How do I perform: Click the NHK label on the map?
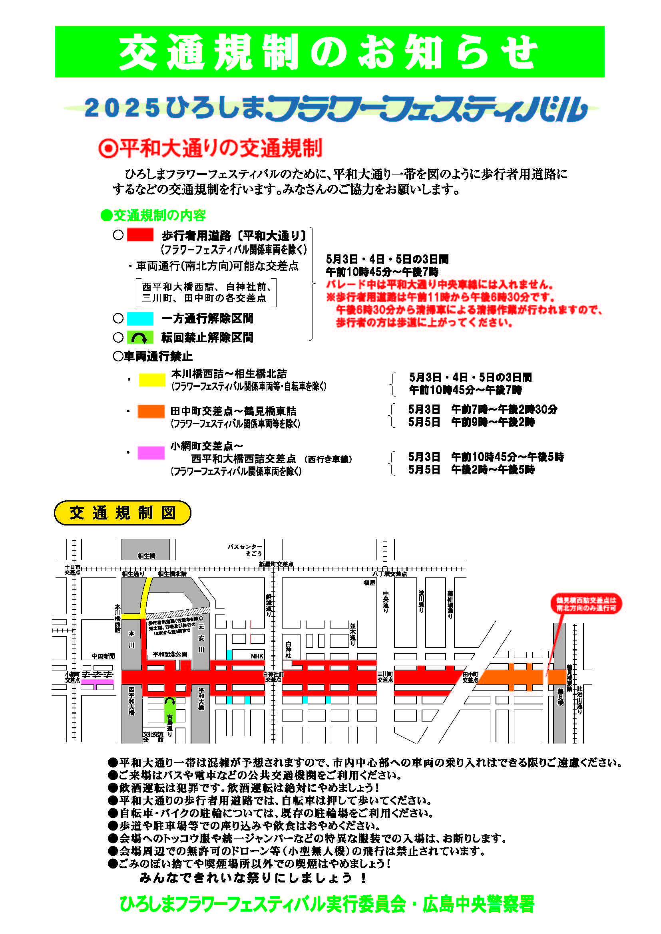click(257, 656)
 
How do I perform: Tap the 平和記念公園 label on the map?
click(170, 654)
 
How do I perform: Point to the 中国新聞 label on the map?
click(104, 656)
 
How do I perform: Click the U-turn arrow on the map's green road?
click(170, 702)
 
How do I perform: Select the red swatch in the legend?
click(140, 235)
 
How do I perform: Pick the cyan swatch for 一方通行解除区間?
click(140, 319)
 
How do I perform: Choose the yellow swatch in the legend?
click(152, 379)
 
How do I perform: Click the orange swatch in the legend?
click(151, 411)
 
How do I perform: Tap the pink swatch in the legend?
click(151, 453)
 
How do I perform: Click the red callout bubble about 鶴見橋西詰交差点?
click(586, 604)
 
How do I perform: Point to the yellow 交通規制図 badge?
click(123, 513)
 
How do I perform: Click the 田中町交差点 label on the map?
click(470, 677)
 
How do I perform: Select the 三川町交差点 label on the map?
click(384, 677)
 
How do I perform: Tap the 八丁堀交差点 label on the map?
click(390, 574)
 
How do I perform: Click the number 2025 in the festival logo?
click(122, 108)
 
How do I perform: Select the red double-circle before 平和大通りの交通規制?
click(108, 149)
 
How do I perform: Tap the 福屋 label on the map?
click(369, 583)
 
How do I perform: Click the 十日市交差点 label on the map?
click(72, 570)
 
